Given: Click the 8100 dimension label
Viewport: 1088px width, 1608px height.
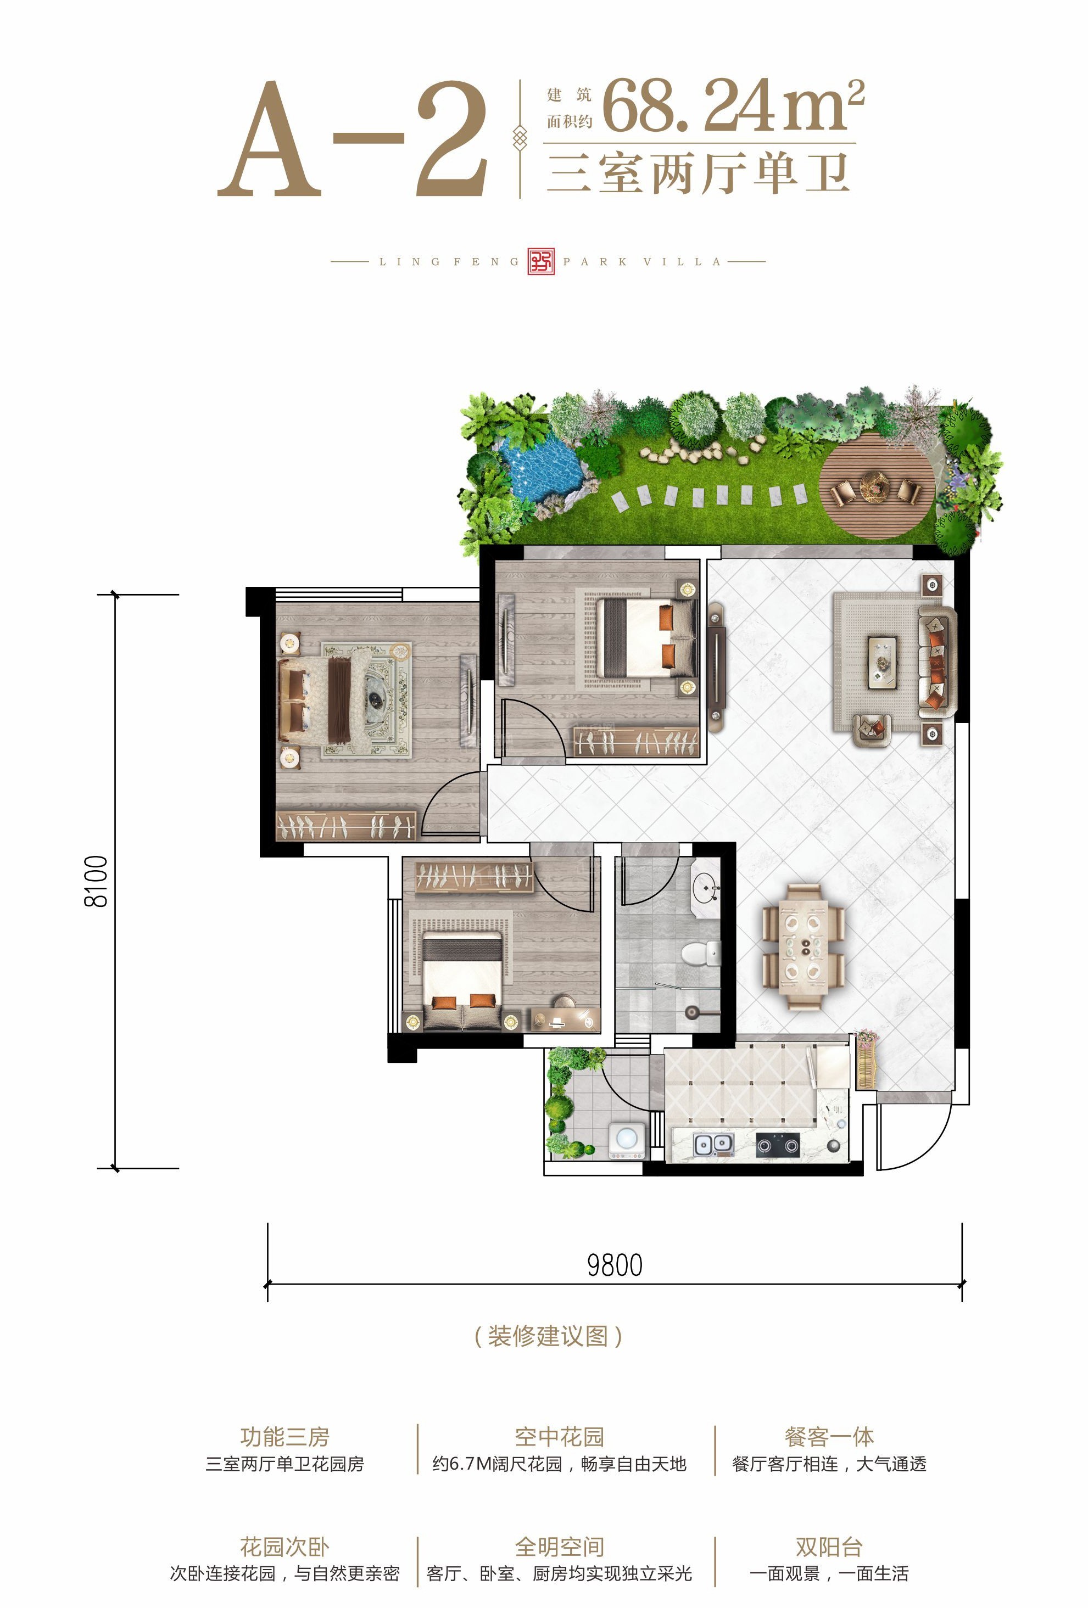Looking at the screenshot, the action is click(x=96, y=881).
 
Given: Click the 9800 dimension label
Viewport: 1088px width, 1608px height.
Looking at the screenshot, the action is click(x=615, y=1265).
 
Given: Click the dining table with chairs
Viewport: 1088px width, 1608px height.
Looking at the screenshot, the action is click(x=804, y=946).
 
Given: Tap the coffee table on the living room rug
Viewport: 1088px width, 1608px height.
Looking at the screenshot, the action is click(x=883, y=662).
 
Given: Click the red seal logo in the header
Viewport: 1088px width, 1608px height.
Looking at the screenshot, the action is click(x=541, y=261).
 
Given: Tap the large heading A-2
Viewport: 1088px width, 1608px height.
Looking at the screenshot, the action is click(x=352, y=139).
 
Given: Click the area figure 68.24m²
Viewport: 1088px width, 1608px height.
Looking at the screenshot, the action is click(x=733, y=105).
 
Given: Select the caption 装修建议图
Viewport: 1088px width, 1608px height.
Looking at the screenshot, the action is click(x=548, y=1335).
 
